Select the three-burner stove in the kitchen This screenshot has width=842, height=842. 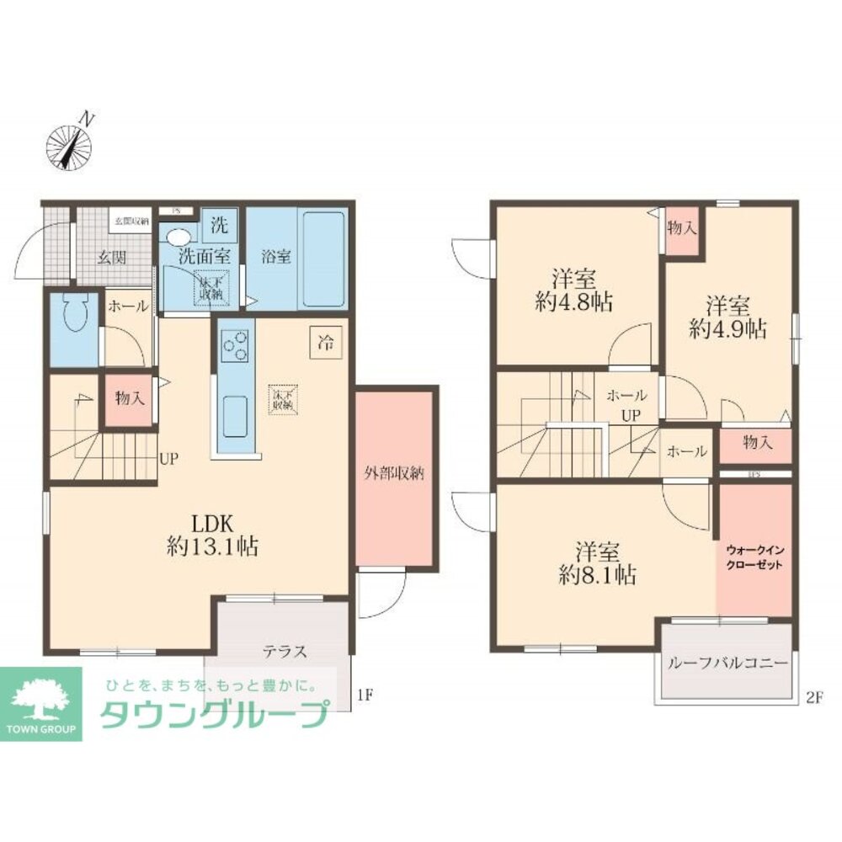point(234,344)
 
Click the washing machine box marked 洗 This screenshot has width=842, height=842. point(219,225)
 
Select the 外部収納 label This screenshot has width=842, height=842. point(394,474)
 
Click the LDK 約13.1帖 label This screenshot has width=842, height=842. point(211,534)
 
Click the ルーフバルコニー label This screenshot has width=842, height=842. point(728,663)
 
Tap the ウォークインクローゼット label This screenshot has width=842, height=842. point(754,557)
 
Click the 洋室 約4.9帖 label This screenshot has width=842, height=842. point(727,317)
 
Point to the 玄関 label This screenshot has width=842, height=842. point(110,257)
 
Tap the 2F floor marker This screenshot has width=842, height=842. point(813,695)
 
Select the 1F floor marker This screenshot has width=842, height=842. point(364,695)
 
